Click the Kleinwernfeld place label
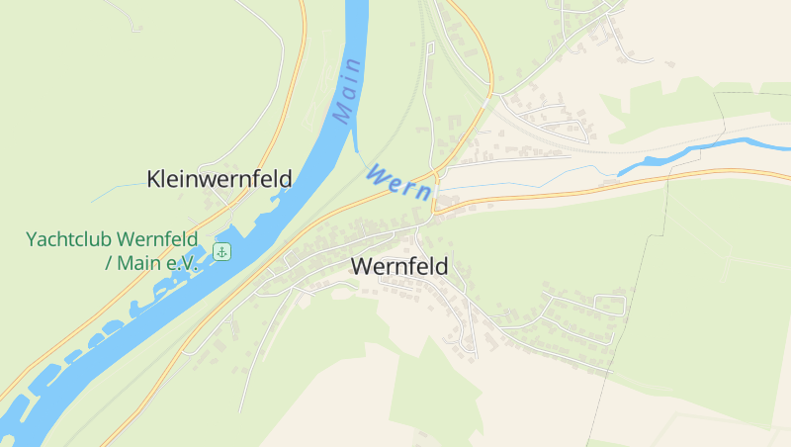(219, 179)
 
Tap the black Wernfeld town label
(398, 266)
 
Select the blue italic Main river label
(347, 91)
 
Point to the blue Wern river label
(399, 184)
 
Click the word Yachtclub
(69, 239)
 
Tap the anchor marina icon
(222, 251)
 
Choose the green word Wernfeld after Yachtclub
(157, 239)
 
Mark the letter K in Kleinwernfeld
(153, 179)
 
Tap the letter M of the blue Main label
(342, 115)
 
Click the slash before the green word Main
(108, 264)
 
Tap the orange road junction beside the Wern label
(435, 205)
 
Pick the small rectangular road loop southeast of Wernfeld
(610, 306)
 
